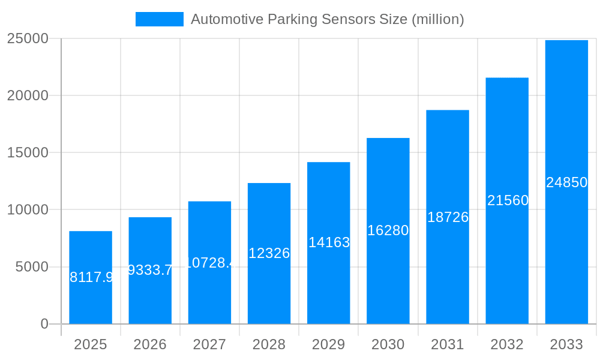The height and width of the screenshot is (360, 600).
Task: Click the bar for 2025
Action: (91, 277)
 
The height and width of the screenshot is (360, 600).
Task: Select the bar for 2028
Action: (269, 253)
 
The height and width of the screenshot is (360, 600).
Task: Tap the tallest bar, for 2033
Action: (566, 182)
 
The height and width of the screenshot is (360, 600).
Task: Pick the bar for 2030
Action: (388, 231)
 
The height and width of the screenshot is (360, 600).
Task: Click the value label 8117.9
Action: (91, 277)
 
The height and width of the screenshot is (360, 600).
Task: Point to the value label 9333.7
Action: (150, 270)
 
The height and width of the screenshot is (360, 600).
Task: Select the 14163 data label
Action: (329, 242)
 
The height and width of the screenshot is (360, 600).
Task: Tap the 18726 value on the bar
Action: (448, 217)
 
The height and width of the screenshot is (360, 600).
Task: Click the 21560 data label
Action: (508, 200)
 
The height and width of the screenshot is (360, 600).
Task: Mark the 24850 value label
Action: (566, 182)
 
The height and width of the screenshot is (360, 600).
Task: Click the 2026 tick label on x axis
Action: (150, 344)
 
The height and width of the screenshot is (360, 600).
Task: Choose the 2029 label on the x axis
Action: (329, 344)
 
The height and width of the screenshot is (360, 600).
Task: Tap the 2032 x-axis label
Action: (507, 344)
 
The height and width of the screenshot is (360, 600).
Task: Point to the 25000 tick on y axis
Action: (28, 38)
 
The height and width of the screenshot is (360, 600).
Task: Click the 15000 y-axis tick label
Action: (28, 152)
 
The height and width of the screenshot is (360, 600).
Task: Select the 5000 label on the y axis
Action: (32, 267)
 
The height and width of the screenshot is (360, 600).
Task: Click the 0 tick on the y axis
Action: (44, 324)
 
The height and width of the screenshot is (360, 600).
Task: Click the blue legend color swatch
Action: (160, 19)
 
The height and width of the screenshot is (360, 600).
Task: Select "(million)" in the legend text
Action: (437, 19)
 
